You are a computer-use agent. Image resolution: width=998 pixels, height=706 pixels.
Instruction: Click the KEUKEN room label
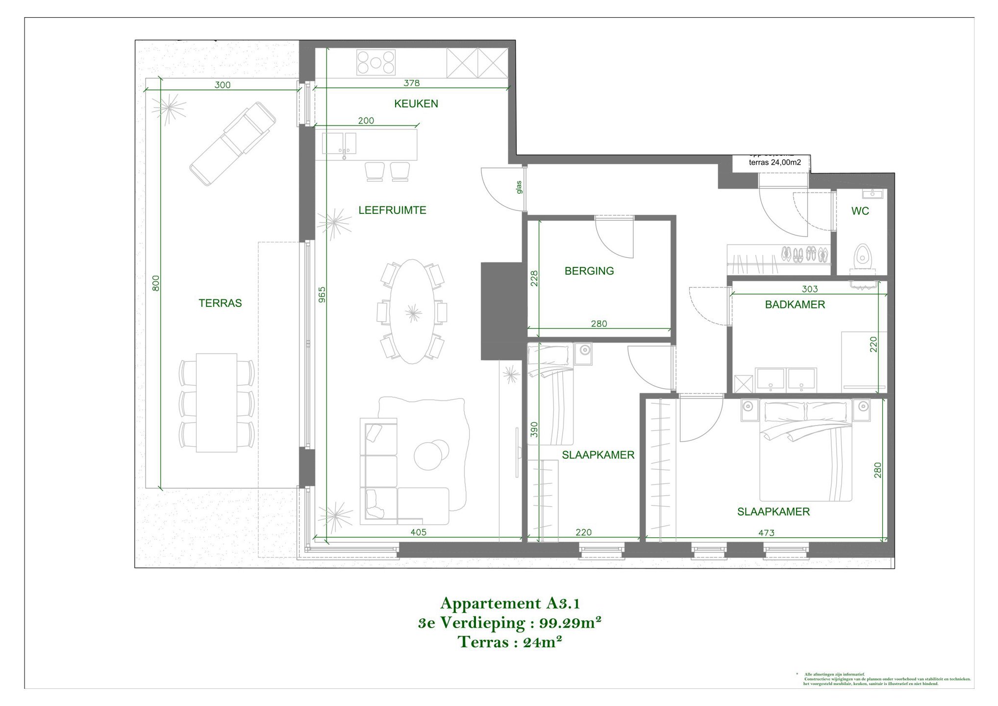point(416,103)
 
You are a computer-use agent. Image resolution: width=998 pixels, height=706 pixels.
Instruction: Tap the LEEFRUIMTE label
point(392,210)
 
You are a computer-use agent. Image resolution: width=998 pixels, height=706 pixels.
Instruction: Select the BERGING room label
point(589,271)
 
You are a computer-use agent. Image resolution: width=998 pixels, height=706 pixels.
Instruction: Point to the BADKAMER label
point(795,304)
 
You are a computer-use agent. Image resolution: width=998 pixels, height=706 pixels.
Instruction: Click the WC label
point(860,211)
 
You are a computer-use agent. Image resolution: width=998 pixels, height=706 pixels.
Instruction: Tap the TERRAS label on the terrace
point(220,303)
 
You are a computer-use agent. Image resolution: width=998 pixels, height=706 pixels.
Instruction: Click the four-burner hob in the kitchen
point(375,63)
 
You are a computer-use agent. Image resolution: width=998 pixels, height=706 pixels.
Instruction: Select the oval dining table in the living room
point(413,312)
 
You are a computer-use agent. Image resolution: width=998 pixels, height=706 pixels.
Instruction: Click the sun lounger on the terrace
point(233,143)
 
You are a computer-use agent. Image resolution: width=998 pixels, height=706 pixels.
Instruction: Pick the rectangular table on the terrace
point(216,403)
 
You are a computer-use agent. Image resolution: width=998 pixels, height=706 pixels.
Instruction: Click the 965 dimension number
point(322,294)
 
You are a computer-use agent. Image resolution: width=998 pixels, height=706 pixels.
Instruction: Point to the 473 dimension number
point(766,532)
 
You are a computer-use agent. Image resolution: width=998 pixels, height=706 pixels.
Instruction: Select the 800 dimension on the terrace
point(156,283)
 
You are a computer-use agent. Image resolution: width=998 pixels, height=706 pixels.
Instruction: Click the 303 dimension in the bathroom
point(809,289)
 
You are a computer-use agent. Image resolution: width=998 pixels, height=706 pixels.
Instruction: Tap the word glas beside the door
point(519,187)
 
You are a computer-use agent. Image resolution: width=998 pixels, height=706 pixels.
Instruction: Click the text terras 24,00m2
point(774,162)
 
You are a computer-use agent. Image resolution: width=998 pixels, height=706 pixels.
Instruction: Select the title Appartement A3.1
point(510,603)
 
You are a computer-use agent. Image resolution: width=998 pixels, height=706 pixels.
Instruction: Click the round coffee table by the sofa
point(430,455)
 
